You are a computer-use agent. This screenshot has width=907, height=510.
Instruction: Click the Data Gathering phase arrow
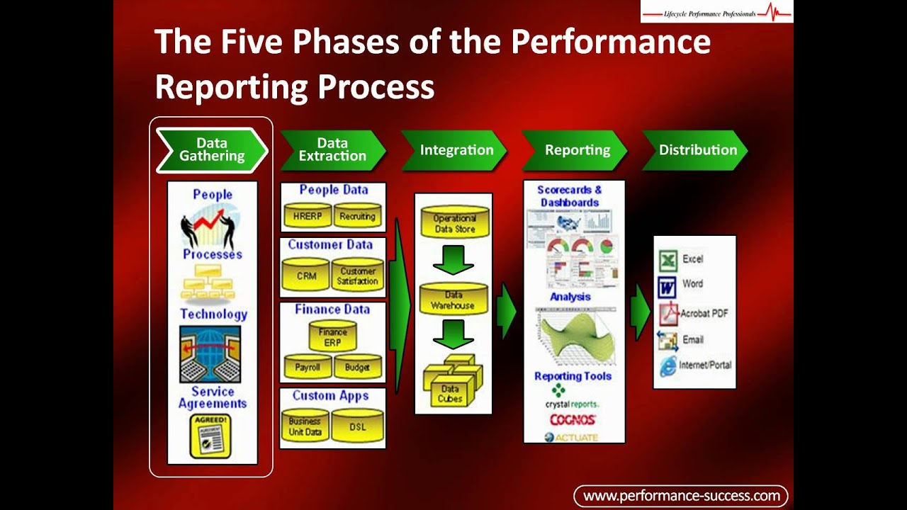[x=211, y=150]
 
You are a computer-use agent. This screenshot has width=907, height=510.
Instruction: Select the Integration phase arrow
[x=454, y=150]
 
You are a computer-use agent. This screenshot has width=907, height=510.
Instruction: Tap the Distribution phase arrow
[x=695, y=150]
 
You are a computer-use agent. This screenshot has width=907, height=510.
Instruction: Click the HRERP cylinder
[x=308, y=216]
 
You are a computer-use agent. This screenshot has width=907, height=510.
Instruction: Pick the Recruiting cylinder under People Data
[x=357, y=216]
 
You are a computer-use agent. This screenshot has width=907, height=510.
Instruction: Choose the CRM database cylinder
[x=307, y=276]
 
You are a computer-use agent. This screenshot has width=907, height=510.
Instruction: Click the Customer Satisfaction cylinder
[x=357, y=276]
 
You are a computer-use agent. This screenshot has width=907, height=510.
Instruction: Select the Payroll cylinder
[x=308, y=367]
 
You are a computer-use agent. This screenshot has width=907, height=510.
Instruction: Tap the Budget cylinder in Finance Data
[x=357, y=367]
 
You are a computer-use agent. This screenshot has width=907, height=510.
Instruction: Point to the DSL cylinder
[x=357, y=426]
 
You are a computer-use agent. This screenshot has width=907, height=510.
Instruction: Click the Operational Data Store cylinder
[x=454, y=222]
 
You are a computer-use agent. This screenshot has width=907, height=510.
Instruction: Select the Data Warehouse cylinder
[x=453, y=300]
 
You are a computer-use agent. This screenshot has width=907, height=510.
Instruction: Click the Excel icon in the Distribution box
[x=667, y=260]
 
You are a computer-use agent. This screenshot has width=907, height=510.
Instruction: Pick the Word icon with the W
[x=667, y=285]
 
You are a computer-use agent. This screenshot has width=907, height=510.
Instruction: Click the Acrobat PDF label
[x=704, y=313]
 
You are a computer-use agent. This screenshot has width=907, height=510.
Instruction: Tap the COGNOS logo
[x=573, y=420]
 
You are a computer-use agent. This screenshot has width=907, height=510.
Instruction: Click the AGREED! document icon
[x=211, y=436]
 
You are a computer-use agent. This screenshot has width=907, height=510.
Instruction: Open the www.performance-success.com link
[x=680, y=496]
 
